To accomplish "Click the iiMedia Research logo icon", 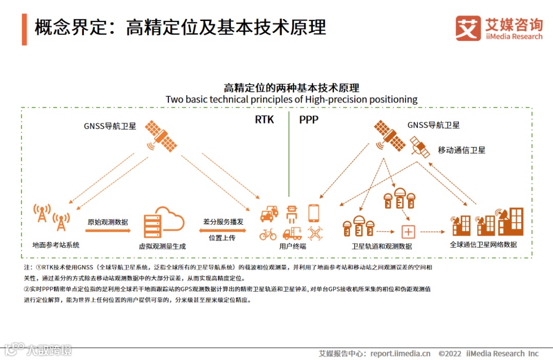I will tap(468, 28).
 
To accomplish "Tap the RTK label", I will tap(265, 120).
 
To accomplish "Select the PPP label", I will tap(309, 120).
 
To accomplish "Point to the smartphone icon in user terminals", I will tap(314, 213).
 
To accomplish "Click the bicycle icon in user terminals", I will tap(268, 234).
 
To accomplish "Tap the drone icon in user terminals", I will tap(315, 234).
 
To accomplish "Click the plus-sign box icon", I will tap(408, 232).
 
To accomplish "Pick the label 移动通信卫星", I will tap(461, 150).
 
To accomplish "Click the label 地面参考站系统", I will tap(56, 245).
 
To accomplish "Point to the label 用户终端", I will tap(292, 246).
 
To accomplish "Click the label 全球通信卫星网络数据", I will tap(483, 245).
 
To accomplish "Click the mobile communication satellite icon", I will tap(419, 147).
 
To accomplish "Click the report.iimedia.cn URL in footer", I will tap(400, 353).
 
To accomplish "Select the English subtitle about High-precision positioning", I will tap(291, 99).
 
